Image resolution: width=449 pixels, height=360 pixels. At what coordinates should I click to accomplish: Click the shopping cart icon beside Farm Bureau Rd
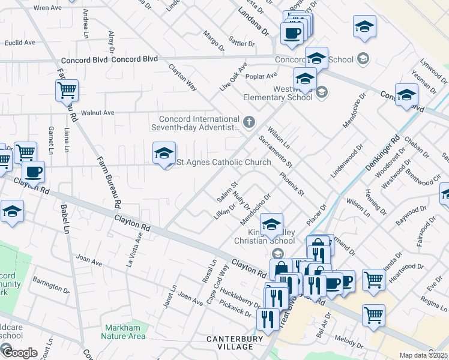coord(67,91)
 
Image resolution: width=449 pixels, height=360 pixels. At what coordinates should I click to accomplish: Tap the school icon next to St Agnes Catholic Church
coord(164,154)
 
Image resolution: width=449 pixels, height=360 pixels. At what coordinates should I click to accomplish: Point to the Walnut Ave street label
coord(97,112)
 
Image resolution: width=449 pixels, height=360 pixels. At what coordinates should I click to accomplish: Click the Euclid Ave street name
coord(20,43)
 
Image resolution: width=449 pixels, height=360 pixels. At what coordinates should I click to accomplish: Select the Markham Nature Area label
coord(125,332)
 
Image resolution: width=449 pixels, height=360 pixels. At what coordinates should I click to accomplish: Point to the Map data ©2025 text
coord(423,355)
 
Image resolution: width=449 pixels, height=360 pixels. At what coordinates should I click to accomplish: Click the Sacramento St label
coord(276,152)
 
